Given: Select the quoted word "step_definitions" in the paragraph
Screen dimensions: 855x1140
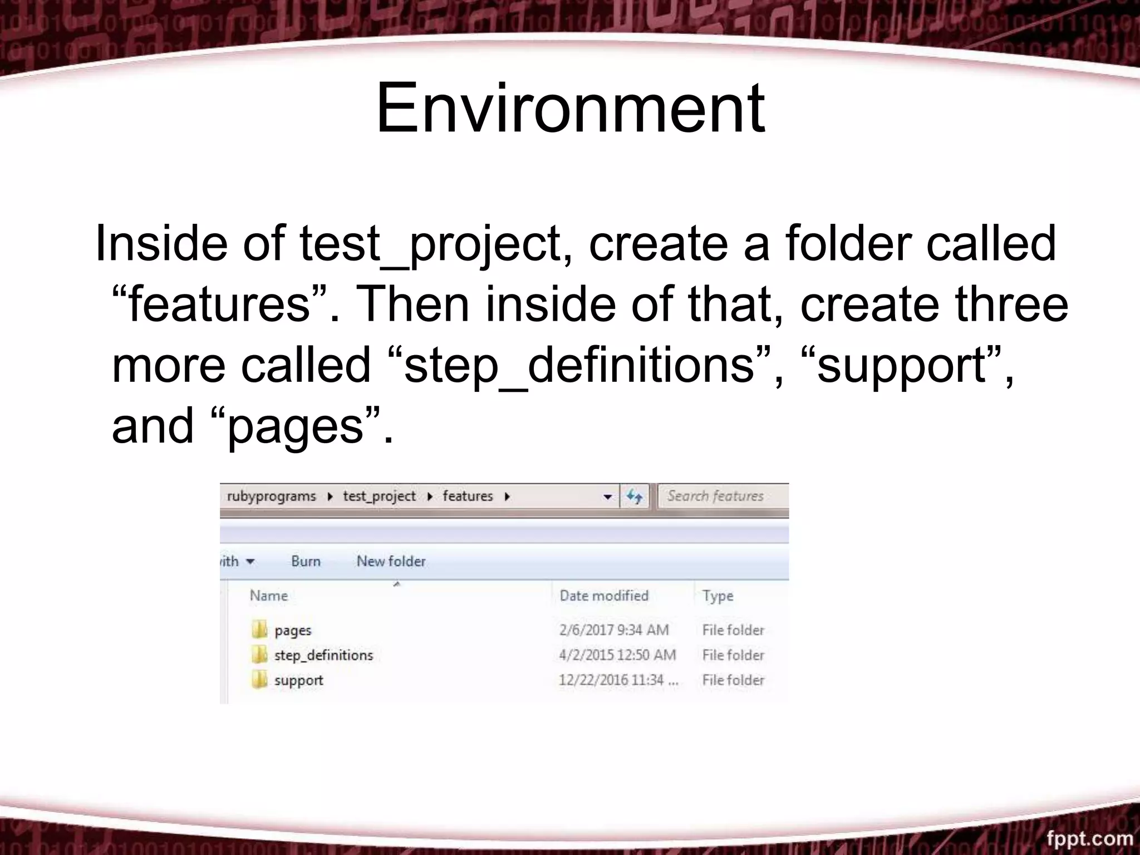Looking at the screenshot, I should pos(579,365).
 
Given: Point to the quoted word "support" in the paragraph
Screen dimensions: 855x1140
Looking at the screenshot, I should pos(902,365).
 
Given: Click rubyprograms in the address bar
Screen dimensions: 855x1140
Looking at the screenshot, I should pos(271,496).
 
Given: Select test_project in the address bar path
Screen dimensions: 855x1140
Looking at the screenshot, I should pos(379,496).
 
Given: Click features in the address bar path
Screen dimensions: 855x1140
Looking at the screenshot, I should pos(468,496).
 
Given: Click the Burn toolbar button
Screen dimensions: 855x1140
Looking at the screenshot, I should pos(306,561).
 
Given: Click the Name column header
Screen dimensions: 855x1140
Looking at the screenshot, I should pos(269,596).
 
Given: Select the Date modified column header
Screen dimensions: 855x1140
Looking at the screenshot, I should pos(604,596).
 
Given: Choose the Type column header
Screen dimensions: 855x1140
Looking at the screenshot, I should pos(718,596).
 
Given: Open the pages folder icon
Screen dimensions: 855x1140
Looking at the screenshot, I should pos(259,630).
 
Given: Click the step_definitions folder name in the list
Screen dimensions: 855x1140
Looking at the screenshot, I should pos(323,655).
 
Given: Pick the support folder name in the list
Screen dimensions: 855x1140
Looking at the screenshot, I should pos(298,680).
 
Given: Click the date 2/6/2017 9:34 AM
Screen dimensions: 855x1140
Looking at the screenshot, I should pos(613,630).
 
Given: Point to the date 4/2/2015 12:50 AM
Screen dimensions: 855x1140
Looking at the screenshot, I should pos(617,655).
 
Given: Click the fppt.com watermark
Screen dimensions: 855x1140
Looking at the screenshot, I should pos(1089,838).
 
